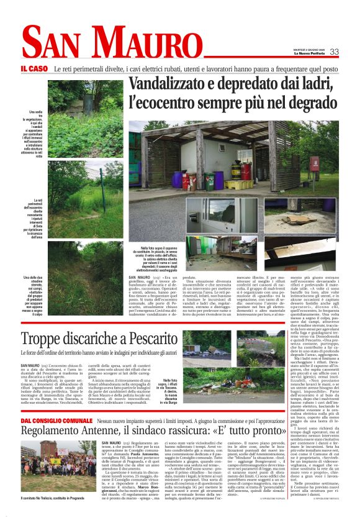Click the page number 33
point(334,52)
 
